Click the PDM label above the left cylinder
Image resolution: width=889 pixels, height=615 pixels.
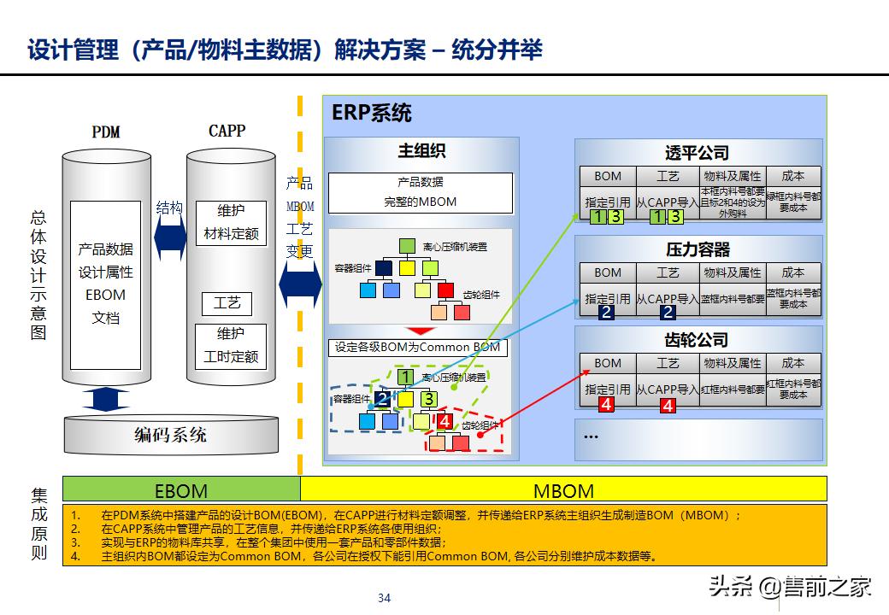tap(106, 132)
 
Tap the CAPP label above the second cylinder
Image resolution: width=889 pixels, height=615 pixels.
tap(227, 131)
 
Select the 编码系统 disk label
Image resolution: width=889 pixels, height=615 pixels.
tap(170, 435)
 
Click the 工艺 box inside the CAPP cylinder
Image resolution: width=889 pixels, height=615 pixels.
tap(227, 302)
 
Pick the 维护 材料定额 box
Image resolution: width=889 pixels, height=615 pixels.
tap(231, 221)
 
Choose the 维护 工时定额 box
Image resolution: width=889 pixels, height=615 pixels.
tap(231, 345)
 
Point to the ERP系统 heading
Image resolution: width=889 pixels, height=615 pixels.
tap(372, 113)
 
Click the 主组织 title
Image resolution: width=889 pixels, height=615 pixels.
tap(421, 151)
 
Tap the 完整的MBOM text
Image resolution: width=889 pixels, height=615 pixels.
tap(421, 202)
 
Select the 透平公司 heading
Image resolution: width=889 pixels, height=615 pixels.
tap(698, 153)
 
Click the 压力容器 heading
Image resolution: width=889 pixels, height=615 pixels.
tap(698, 249)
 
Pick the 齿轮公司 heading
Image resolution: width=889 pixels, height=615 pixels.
tap(698, 340)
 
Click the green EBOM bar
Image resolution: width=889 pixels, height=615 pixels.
tap(181, 490)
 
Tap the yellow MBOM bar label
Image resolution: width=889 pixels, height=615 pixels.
tap(563, 490)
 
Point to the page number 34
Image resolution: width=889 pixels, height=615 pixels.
tap(384, 597)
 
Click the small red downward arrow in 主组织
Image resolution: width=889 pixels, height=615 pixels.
tap(420, 331)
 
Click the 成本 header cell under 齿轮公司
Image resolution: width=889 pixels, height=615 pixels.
tap(793, 363)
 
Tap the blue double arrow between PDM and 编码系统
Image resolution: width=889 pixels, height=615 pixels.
tap(106, 399)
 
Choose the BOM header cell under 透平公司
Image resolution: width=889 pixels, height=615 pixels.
tap(608, 176)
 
